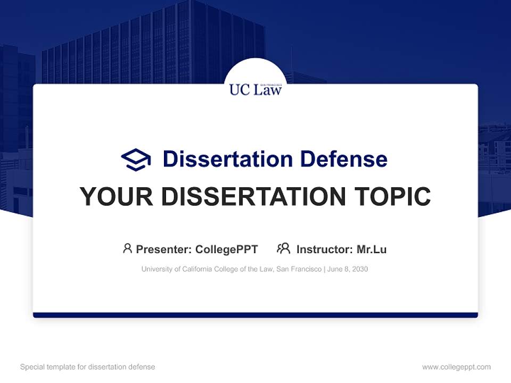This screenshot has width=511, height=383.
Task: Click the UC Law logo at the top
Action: point(256,88)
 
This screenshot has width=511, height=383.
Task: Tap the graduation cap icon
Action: point(136,159)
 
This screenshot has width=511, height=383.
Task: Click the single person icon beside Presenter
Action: point(127,248)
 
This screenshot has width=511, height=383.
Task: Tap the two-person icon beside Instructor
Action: point(284,248)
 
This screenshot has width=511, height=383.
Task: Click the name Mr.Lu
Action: point(372,249)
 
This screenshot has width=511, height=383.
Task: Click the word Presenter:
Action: point(164,249)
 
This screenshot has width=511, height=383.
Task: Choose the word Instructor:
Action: point(325,249)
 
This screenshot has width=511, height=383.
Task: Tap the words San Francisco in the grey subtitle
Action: point(299,269)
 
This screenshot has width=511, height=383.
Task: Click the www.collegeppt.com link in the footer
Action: point(456,367)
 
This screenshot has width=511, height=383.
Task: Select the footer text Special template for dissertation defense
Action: point(88,367)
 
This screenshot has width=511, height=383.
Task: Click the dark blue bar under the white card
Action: point(256,315)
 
